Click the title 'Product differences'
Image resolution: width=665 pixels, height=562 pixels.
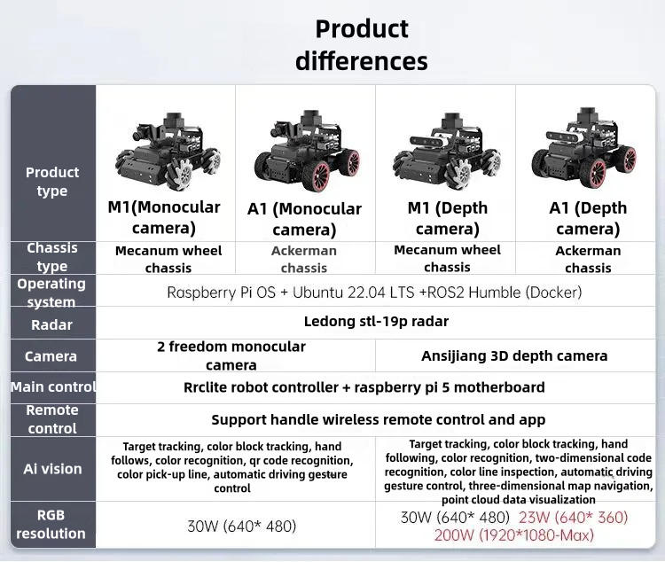click(362, 45)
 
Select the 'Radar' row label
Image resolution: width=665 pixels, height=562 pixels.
click(51, 325)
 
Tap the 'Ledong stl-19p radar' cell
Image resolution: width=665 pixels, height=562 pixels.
click(376, 322)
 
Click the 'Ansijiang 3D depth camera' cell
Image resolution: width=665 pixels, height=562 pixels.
click(514, 355)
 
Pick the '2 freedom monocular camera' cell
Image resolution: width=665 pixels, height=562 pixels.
click(231, 355)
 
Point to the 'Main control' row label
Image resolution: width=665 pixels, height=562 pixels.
click(53, 387)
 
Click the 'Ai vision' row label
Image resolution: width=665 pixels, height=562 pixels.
click(52, 469)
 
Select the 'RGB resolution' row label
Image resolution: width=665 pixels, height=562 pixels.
click(51, 524)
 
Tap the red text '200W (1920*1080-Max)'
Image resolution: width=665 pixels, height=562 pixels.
click(514, 535)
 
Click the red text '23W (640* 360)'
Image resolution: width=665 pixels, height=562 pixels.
click(574, 518)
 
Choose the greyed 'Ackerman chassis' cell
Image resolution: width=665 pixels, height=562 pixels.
click(304, 259)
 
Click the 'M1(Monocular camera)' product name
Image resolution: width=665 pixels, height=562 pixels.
click(164, 217)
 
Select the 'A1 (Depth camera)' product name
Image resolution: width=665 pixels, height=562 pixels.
click(588, 218)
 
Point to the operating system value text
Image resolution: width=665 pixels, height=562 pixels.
click(374, 293)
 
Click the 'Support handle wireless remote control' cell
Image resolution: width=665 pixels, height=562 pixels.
click(379, 420)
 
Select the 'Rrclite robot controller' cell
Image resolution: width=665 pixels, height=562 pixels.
click(364, 387)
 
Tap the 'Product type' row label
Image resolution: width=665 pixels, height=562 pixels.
click(52, 182)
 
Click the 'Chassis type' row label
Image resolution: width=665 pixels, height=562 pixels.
click(52, 257)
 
